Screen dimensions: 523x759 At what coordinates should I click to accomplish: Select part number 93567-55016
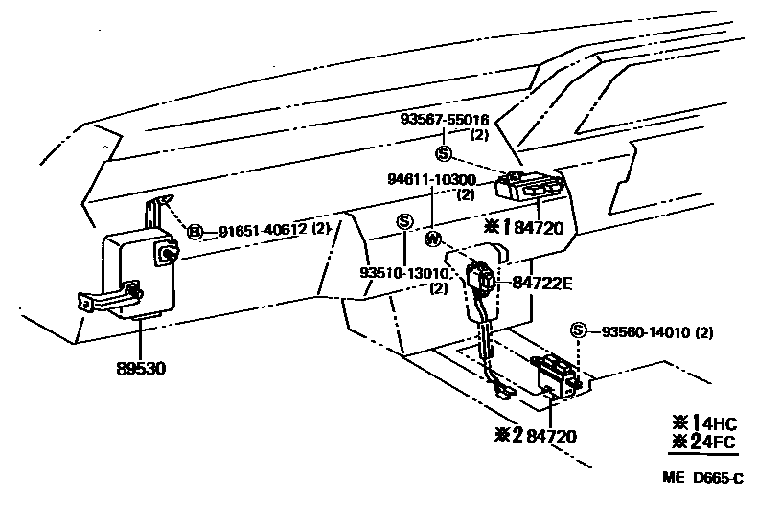click(x=445, y=121)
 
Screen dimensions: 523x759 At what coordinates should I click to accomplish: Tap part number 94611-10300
click(x=431, y=180)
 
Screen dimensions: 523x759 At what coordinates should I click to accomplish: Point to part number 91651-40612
click(x=261, y=230)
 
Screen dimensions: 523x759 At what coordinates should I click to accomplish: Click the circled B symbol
click(x=195, y=231)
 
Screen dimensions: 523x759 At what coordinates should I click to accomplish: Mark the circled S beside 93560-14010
click(x=577, y=331)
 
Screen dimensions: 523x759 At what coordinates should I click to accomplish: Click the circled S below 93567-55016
click(x=443, y=153)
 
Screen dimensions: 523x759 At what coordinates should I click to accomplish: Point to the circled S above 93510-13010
click(x=404, y=222)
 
